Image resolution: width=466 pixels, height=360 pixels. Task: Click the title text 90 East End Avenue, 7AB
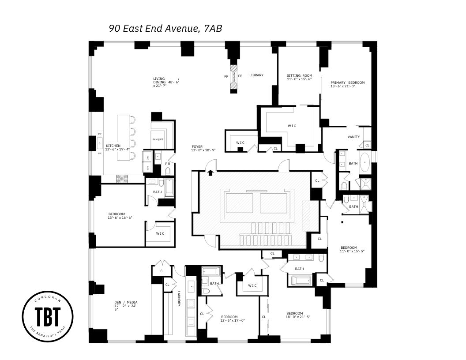pos(165,29)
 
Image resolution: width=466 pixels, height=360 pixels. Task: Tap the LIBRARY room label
pos(256,75)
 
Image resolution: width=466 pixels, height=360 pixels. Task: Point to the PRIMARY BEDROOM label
pos(348,83)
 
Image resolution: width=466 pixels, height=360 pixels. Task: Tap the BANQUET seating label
pos(158,139)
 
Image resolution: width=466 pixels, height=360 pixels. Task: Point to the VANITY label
pos(353,137)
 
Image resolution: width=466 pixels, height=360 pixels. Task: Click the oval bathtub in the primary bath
pos(365,163)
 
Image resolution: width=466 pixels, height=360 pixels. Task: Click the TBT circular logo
pos(48,316)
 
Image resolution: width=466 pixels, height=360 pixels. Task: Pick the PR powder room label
pos(168,164)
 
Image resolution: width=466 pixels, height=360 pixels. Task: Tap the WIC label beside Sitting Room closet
pos(292,126)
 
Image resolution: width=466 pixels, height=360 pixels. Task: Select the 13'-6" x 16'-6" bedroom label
pos(120,216)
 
